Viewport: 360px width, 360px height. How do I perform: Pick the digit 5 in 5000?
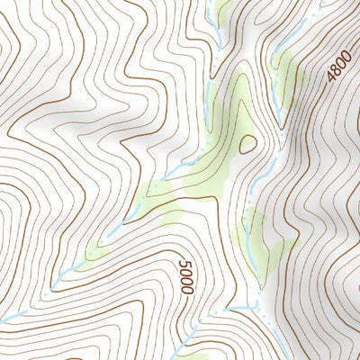pyautogui.click(x=184, y=264)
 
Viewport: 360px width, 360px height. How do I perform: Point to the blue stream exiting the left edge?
pyautogui.click(x=7, y=318)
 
